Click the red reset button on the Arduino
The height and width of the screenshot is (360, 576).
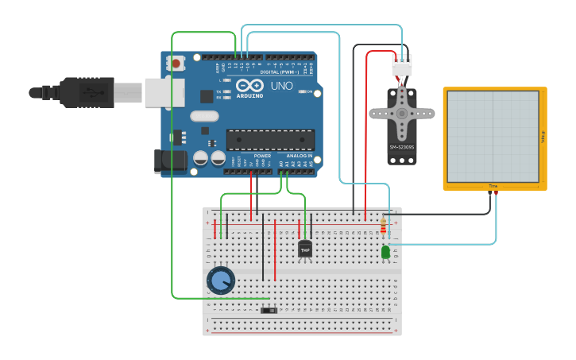coord(176,62)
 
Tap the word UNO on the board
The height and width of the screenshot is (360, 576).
coord(282,86)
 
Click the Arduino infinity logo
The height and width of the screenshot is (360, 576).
coord(248,86)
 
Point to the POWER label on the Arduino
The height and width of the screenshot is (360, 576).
coord(262,156)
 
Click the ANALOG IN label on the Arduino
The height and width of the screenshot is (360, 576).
coord(299,156)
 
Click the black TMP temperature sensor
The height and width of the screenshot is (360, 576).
coord(305,250)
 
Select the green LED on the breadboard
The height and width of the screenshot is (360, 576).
coord(385,252)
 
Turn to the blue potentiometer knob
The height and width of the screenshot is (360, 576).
coord(221,281)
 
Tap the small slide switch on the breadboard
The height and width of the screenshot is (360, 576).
coord(269,310)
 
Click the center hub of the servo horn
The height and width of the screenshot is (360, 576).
coord(402,114)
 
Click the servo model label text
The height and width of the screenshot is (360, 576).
coord(401,147)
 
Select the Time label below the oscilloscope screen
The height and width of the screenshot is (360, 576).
coord(493,186)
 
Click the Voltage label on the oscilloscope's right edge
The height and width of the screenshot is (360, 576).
coord(543,137)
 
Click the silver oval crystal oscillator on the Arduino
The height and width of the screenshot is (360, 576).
coord(204,116)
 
